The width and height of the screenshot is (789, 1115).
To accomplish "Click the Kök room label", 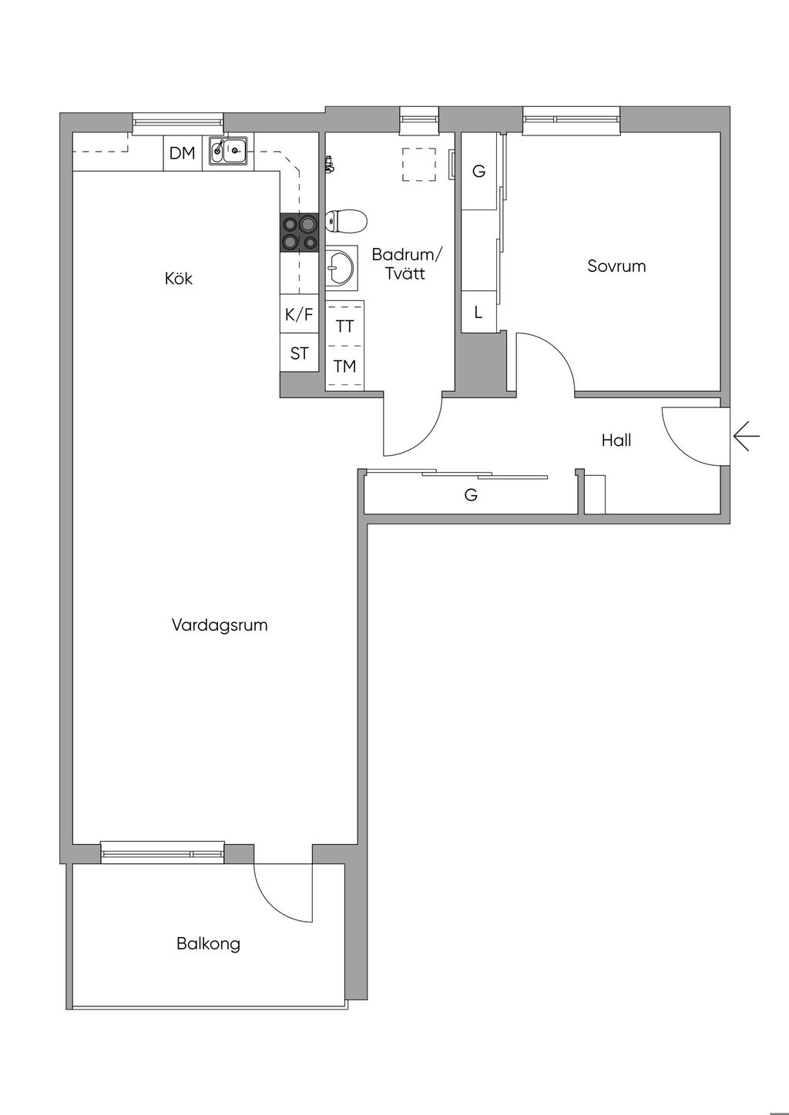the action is [x=178, y=278].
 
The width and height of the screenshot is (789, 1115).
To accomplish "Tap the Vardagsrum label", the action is [x=220, y=624].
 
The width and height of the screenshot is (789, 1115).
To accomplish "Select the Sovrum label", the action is [x=616, y=266].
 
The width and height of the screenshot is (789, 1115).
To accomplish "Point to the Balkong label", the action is [x=208, y=943].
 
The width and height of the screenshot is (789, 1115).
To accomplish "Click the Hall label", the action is [x=616, y=440].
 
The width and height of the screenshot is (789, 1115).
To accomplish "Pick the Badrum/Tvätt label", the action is [x=405, y=264].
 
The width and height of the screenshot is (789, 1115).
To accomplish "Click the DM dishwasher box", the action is [x=183, y=152].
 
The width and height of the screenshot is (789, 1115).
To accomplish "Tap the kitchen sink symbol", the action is [x=228, y=150].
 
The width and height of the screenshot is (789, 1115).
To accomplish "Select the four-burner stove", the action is [x=300, y=232].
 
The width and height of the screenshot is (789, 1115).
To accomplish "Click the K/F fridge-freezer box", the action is [x=300, y=314].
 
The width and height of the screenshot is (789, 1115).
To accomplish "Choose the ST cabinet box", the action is [x=300, y=353].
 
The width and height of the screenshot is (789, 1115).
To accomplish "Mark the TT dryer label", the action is [x=344, y=326].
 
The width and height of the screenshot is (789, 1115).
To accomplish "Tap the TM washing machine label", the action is [x=344, y=367].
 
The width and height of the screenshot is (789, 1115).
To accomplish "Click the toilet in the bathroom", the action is [x=346, y=220].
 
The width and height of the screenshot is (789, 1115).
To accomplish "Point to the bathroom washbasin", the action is [x=341, y=268].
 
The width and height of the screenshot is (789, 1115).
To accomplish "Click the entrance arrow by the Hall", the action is [x=746, y=436].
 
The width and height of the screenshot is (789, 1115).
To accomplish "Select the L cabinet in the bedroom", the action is [x=478, y=312].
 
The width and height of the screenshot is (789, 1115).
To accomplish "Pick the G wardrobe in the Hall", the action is [x=471, y=494].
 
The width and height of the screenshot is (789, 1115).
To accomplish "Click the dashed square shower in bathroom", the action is [x=419, y=165].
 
